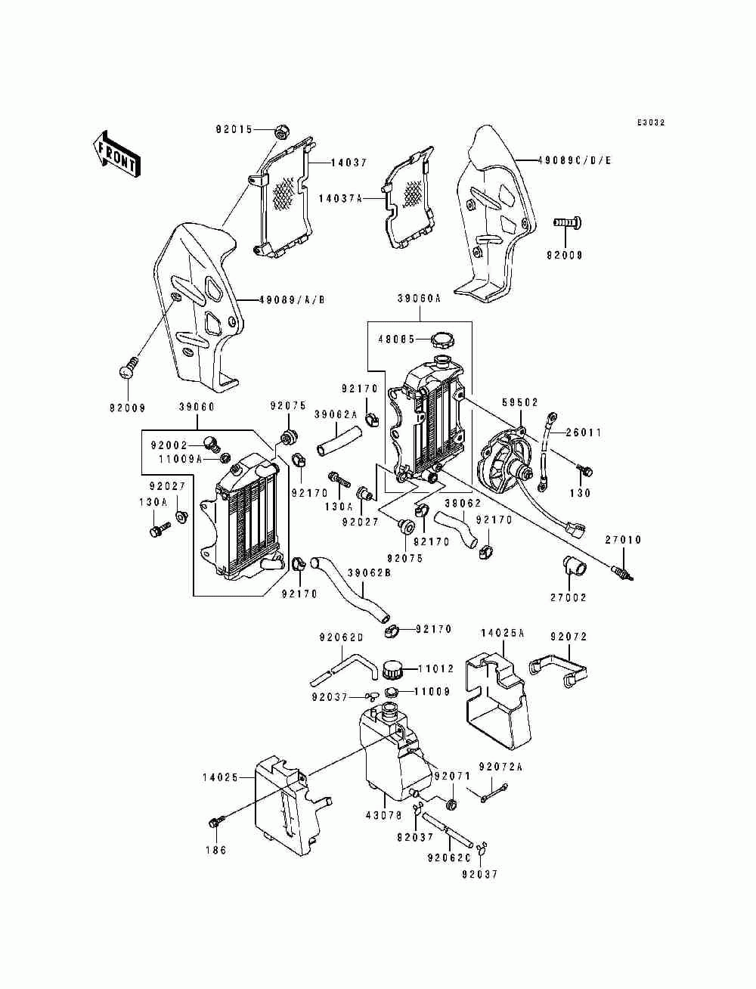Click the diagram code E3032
650,122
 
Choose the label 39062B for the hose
369,572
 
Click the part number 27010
623,540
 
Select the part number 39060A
418,299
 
